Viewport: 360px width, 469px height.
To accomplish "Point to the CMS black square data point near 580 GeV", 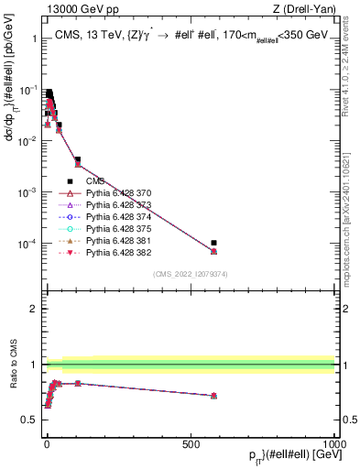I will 213,243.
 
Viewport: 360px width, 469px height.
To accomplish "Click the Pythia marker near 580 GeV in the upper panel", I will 213,251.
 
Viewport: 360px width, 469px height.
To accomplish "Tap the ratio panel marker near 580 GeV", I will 213,396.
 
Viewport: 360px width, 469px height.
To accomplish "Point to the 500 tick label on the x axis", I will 191,442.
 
